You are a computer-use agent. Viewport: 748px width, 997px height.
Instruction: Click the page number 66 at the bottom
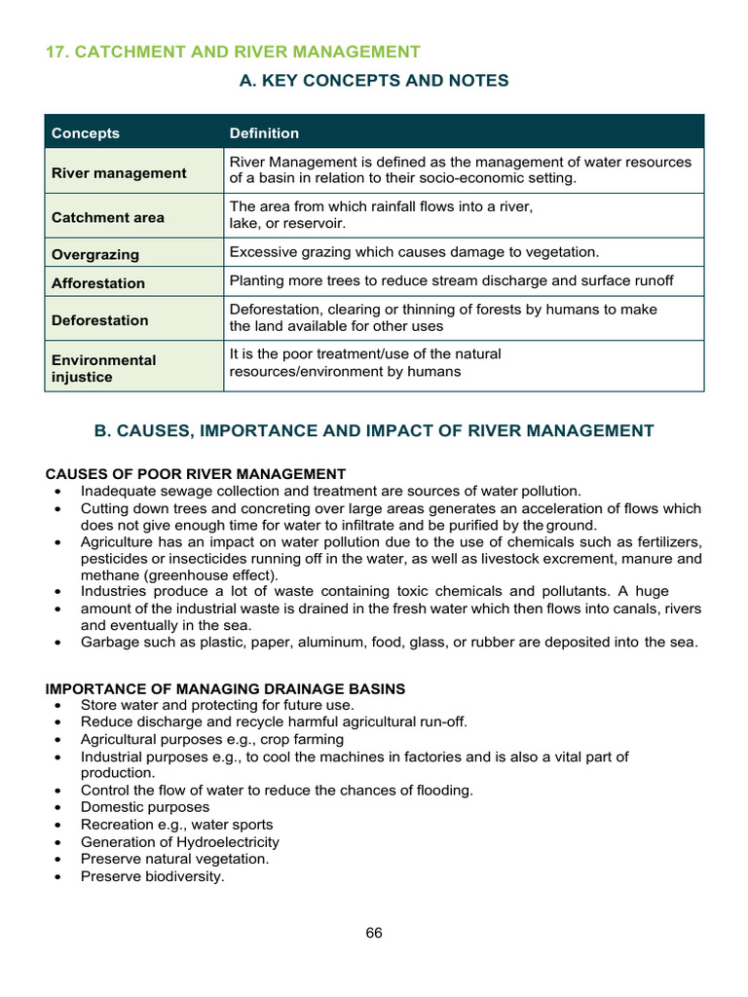pyautogui.click(x=374, y=933)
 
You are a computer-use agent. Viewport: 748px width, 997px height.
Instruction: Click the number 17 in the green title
pyautogui.click(x=55, y=52)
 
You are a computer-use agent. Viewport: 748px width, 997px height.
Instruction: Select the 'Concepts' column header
pyautogui.click(x=86, y=133)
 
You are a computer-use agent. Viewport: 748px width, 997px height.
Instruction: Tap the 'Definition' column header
pyautogui.click(x=264, y=133)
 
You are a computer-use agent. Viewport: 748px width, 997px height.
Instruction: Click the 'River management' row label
pyautogui.click(x=119, y=173)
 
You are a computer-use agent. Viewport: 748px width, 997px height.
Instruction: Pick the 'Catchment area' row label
pyautogui.click(x=108, y=218)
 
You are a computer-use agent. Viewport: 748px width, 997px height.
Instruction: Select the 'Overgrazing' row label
pyautogui.click(x=95, y=255)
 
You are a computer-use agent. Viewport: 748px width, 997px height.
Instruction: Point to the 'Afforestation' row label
pyautogui.click(x=98, y=283)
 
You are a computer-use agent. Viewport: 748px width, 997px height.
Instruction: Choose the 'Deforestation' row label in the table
pyautogui.click(x=100, y=320)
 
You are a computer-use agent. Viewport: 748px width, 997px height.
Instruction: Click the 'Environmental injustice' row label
pyautogui.click(x=103, y=368)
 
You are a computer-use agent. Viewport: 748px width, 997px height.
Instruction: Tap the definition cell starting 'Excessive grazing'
pyautogui.click(x=414, y=252)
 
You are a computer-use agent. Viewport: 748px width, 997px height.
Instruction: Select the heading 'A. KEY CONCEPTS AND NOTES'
pyautogui.click(x=374, y=81)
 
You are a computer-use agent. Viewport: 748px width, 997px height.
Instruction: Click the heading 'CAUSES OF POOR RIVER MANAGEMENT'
pyautogui.click(x=196, y=474)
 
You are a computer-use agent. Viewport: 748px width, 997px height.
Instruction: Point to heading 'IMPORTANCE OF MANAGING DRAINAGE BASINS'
pyautogui.click(x=226, y=688)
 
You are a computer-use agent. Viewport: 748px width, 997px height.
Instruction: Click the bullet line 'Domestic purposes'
pyautogui.click(x=145, y=807)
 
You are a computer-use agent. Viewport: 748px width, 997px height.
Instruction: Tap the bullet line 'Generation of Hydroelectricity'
pyautogui.click(x=180, y=842)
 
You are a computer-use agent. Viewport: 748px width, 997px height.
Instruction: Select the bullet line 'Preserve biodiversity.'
pyautogui.click(x=153, y=876)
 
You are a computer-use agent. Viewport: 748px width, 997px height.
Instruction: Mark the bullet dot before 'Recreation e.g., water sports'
pyautogui.click(x=60, y=826)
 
